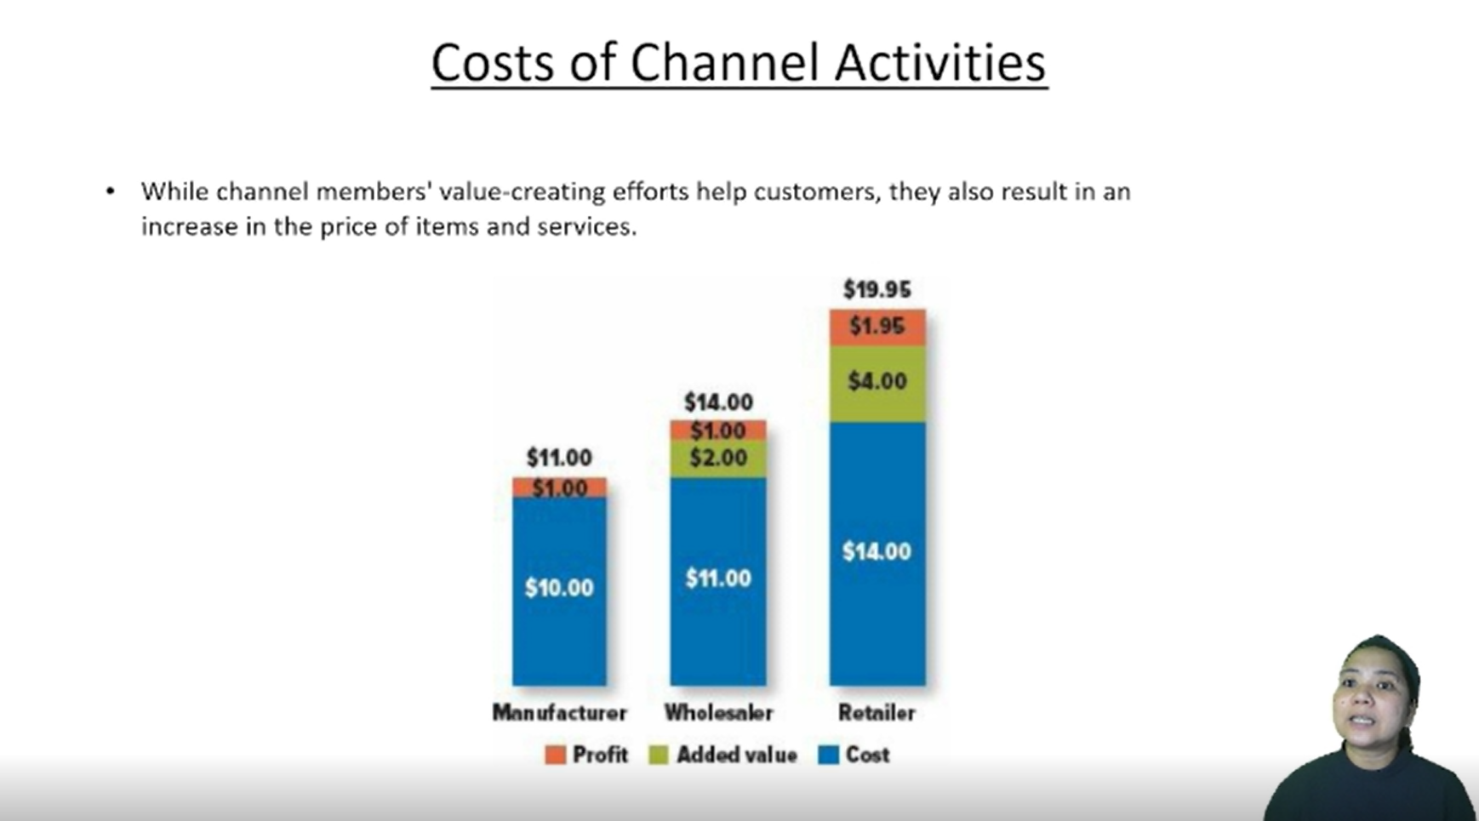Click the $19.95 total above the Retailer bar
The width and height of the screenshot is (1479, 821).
click(877, 290)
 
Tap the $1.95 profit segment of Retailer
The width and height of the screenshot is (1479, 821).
click(877, 328)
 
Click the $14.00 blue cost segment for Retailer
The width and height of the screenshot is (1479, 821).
click(877, 554)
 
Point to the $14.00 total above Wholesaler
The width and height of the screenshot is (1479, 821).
click(718, 402)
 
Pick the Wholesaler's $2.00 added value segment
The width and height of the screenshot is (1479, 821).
click(718, 459)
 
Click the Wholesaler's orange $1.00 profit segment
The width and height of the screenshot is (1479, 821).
click(718, 430)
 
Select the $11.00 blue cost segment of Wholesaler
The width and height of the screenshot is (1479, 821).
click(718, 581)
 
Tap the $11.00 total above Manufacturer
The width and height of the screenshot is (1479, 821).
click(559, 458)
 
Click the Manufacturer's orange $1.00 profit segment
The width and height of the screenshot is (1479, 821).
click(559, 487)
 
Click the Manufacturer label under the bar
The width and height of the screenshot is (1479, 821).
click(559, 713)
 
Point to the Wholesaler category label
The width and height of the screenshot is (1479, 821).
click(718, 713)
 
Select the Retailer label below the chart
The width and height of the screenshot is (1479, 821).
click(877, 713)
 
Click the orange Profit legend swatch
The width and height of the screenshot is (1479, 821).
click(555, 755)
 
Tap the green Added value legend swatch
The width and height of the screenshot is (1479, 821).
click(658, 755)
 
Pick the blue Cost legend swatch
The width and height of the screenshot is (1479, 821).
click(828, 755)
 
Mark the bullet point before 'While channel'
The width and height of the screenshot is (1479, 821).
click(110, 192)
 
